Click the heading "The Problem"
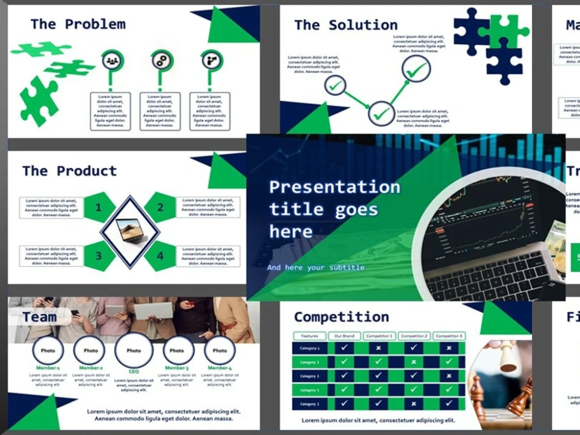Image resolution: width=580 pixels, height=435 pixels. click(x=78, y=24)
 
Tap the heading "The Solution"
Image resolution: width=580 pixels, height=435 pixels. click(x=346, y=26)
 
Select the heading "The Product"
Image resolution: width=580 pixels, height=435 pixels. click(x=70, y=171)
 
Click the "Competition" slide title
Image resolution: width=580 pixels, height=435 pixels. click(x=341, y=317)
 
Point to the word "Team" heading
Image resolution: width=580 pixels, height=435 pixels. click(x=39, y=317)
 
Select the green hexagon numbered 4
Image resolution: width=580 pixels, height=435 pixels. click(x=160, y=256)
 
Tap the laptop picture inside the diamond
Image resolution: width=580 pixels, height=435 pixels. click(x=130, y=231)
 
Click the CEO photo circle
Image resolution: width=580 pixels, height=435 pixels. click(x=133, y=351)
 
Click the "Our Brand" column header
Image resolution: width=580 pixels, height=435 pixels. click(x=345, y=336)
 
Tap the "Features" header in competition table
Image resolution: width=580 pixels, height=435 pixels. click(x=309, y=336)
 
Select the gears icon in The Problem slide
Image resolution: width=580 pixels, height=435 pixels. click(x=162, y=60)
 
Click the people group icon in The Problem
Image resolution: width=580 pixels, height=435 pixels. click(x=112, y=60)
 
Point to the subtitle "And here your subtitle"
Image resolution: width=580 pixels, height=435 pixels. click(x=316, y=267)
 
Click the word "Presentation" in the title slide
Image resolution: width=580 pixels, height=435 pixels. click(x=335, y=187)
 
